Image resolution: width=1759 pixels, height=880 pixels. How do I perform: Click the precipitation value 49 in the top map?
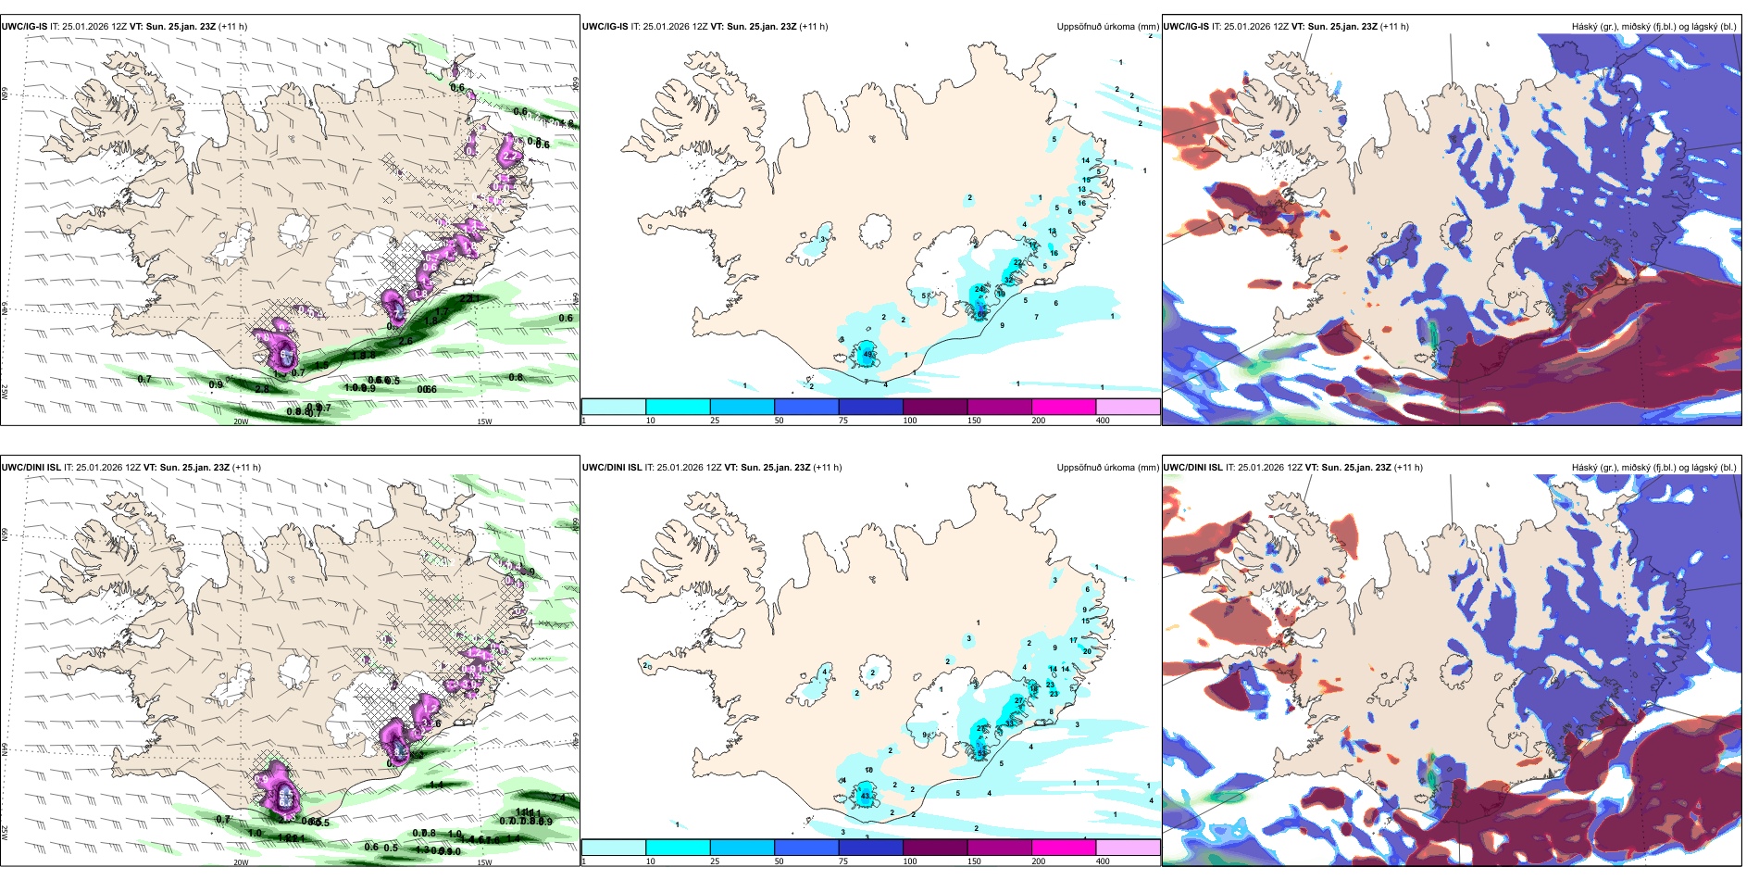tap(867, 355)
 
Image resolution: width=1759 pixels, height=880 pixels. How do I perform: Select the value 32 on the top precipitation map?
tap(1009, 280)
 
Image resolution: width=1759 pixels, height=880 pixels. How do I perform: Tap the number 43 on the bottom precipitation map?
tap(866, 796)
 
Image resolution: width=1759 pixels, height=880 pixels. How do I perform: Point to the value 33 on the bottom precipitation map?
tap(1010, 722)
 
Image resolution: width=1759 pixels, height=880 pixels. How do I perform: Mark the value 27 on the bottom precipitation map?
tap(1019, 701)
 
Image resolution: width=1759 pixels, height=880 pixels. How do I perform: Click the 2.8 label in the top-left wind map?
tap(262, 389)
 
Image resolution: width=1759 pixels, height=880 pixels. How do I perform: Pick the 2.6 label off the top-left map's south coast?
tap(405, 341)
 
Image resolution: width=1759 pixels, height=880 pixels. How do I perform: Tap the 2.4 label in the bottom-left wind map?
tap(557, 798)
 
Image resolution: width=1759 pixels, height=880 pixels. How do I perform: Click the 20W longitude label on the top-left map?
tap(241, 421)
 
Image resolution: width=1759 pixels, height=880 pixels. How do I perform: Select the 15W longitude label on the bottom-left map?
tap(484, 862)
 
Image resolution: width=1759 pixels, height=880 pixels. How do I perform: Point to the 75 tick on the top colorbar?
tap(843, 421)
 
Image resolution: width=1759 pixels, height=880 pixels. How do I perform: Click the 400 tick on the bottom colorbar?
tap(1103, 861)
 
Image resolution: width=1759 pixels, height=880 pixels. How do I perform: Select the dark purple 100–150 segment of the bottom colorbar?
tap(935, 848)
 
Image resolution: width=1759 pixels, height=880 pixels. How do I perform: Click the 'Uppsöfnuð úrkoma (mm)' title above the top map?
tap(1107, 27)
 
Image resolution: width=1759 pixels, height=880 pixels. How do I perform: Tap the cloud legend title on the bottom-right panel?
tap(1653, 468)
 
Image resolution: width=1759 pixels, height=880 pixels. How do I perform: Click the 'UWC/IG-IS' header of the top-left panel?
tap(24, 27)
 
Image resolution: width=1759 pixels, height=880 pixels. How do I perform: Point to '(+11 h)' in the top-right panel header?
tap(1394, 27)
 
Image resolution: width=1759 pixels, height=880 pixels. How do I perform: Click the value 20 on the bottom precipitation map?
tap(1088, 651)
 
